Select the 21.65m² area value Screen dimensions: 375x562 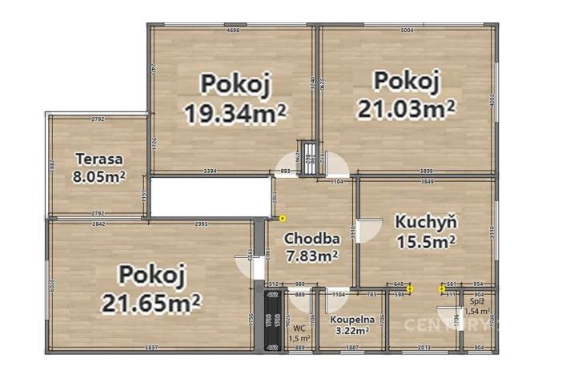pyautogui.click(x=151, y=303)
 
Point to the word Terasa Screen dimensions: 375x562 pyautogui.click(x=94, y=158)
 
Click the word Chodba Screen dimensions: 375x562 pyautogui.click(x=311, y=238)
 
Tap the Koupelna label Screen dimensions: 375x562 pyautogui.click(x=350, y=319)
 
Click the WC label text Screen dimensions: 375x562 pyautogui.click(x=299, y=328)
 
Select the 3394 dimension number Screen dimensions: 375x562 pyautogui.click(x=210, y=171)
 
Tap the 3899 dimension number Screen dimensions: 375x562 pyautogui.click(x=426, y=171)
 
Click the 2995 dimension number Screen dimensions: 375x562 pyautogui.click(x=201, y=224)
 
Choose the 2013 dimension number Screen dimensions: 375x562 pyautogui.click(x=424, y=348)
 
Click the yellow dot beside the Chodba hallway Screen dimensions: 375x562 pyautogui.click(x=282, y=218)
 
